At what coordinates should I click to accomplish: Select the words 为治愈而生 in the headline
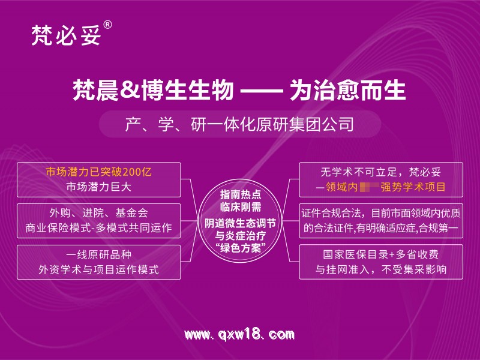click(x=347, y=91)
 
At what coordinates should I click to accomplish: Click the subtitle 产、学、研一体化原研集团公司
click(x=239, y=125)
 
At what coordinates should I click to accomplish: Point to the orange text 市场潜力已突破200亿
click(x=99, y=172)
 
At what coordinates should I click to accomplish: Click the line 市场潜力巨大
click(x=99, y=186)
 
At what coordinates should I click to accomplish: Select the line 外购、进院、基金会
click(x=99, y=213)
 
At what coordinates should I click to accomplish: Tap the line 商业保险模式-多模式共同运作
click(x=99, y=228)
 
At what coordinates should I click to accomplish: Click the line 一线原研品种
click(x=99, y=254)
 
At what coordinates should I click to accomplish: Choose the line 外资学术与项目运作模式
click(x=99, y=269)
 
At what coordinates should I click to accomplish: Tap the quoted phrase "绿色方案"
click(x=241, y=247)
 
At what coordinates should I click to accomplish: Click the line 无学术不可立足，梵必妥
click(x=382, y=172)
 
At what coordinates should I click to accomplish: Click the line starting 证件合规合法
click(x=382, y=213)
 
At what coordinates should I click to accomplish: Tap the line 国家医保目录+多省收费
click(x=382, y=254)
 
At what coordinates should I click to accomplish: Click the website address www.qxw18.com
click(x=239, y=334)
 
